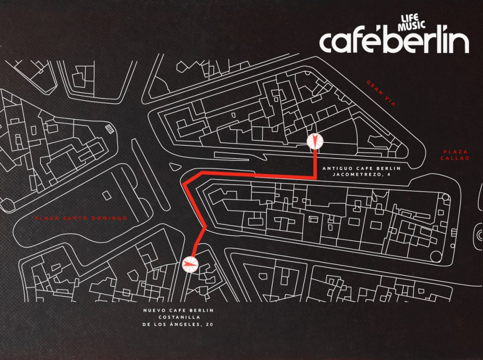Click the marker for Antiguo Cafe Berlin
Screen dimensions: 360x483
pyautogui.click(x=315, y=141)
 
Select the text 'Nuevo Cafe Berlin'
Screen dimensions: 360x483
pyautogui.click(x=178, y=310)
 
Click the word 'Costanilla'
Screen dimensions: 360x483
pyautogui.click(x=178, y=317)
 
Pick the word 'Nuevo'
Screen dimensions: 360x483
pyautogui.click(x=154, y=310)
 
